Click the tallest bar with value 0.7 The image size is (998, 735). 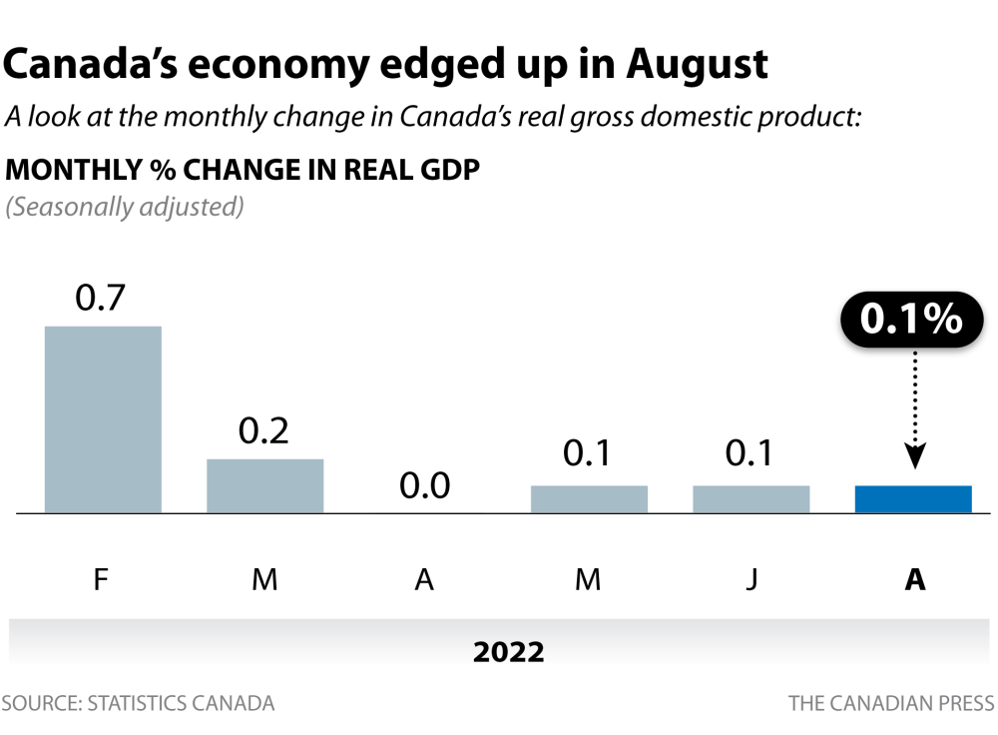tap(103, 419)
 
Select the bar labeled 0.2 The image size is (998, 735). tap(265, 485)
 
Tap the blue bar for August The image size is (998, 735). tap(913, 499)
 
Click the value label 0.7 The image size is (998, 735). tap(101, 299)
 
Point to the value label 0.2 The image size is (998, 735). tap(263, 430)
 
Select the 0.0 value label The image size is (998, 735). tap(425, 486)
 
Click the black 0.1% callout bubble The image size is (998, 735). tap(912, 321)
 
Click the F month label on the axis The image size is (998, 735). tap(101, 580)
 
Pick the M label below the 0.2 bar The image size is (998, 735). tap(264, 580)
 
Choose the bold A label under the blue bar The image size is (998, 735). tap(914, 580)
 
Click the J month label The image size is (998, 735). tap(751, 580)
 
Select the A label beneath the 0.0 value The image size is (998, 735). tap(425, 580)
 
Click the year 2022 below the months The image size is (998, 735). tap(509, 653)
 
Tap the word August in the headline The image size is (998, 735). tap(698, 64)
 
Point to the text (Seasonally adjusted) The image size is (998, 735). tap(126, 208)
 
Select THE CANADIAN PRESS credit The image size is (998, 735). tap(891, 703)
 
